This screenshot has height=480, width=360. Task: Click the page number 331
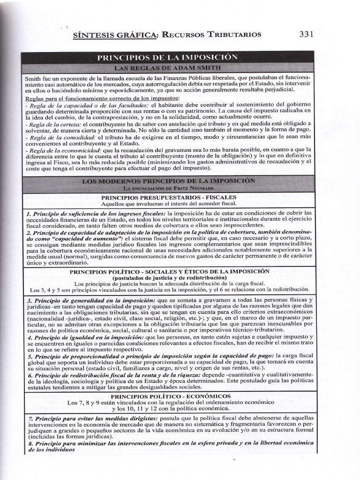pyautogui.click(x=306, y=34)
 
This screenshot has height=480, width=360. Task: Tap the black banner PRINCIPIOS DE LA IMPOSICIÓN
pyautogui.click(x=167, y=58)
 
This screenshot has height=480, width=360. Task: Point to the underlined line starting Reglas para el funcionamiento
pyautogui.click(x=102, y=98)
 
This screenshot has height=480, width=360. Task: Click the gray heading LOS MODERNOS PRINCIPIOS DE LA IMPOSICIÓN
pyautogui.click(x=168, y=180)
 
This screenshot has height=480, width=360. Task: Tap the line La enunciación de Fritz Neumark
pyautogui.click(x=169, y=187)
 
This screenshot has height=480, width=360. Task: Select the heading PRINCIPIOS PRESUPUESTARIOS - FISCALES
pyautogui.click(x=169, y=197)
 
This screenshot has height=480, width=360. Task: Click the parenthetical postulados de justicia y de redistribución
pyautogui.click(x=169, y=277)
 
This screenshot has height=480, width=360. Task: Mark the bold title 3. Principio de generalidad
pyautogui.click(x=91, y=300)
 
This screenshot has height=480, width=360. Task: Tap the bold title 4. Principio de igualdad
pyautogui.click(x=85, y=337)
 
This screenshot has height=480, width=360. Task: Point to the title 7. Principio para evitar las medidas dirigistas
pyautogui.click(x=92, y=418)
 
